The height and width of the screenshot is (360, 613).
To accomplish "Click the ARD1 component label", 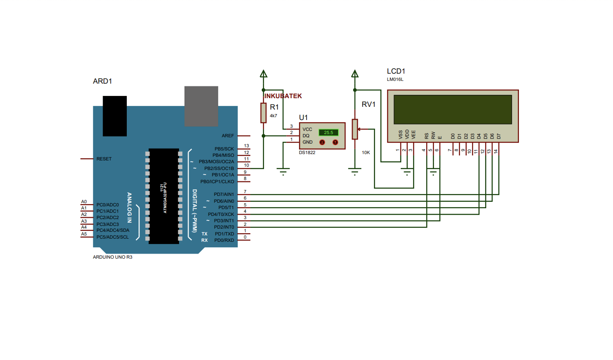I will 102,81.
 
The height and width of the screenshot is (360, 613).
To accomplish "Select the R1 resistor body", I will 263,113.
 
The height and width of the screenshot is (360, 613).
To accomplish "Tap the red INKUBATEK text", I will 283,96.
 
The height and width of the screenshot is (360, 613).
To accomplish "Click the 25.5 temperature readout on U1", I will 329,132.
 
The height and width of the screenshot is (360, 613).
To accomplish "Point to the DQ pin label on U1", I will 306,135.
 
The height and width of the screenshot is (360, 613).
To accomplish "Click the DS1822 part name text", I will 307,153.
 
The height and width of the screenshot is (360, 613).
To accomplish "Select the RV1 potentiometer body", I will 355,130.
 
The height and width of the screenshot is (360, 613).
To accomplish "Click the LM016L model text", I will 395,80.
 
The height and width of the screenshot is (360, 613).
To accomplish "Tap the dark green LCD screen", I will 452,109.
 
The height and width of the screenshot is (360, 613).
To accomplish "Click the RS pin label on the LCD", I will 426,135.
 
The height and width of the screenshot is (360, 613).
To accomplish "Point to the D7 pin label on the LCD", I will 498,135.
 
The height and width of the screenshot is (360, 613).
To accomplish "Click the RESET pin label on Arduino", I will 104,159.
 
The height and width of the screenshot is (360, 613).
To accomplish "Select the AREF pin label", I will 228,136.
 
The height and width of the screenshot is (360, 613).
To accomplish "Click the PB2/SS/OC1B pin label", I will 219,168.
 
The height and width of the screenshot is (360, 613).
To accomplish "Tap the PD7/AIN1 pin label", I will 224,195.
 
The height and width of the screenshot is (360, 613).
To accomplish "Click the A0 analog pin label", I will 84,202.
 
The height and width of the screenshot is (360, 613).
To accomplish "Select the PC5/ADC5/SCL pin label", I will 112,237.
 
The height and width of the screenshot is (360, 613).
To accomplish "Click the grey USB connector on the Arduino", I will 201,106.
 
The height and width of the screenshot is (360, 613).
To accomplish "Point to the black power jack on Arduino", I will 115,116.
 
